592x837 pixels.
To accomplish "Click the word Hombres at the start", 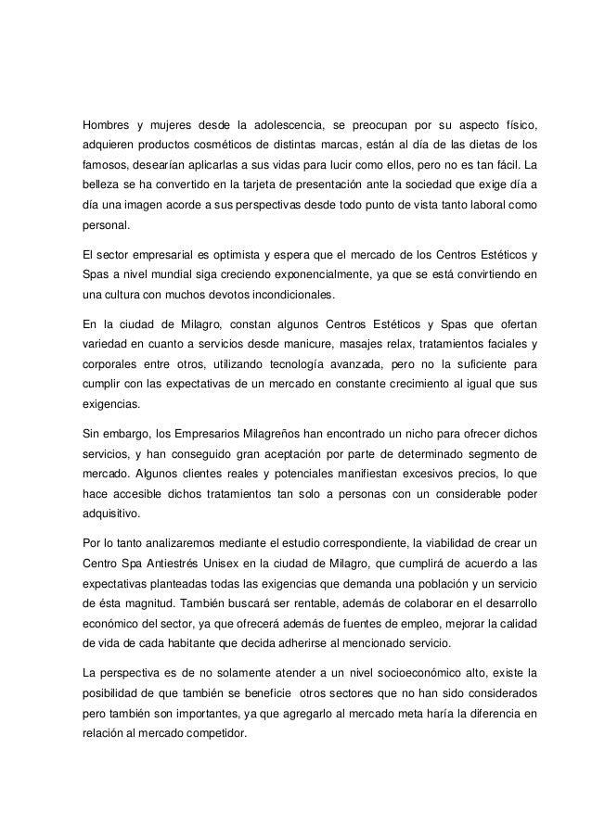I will (103, 124).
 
